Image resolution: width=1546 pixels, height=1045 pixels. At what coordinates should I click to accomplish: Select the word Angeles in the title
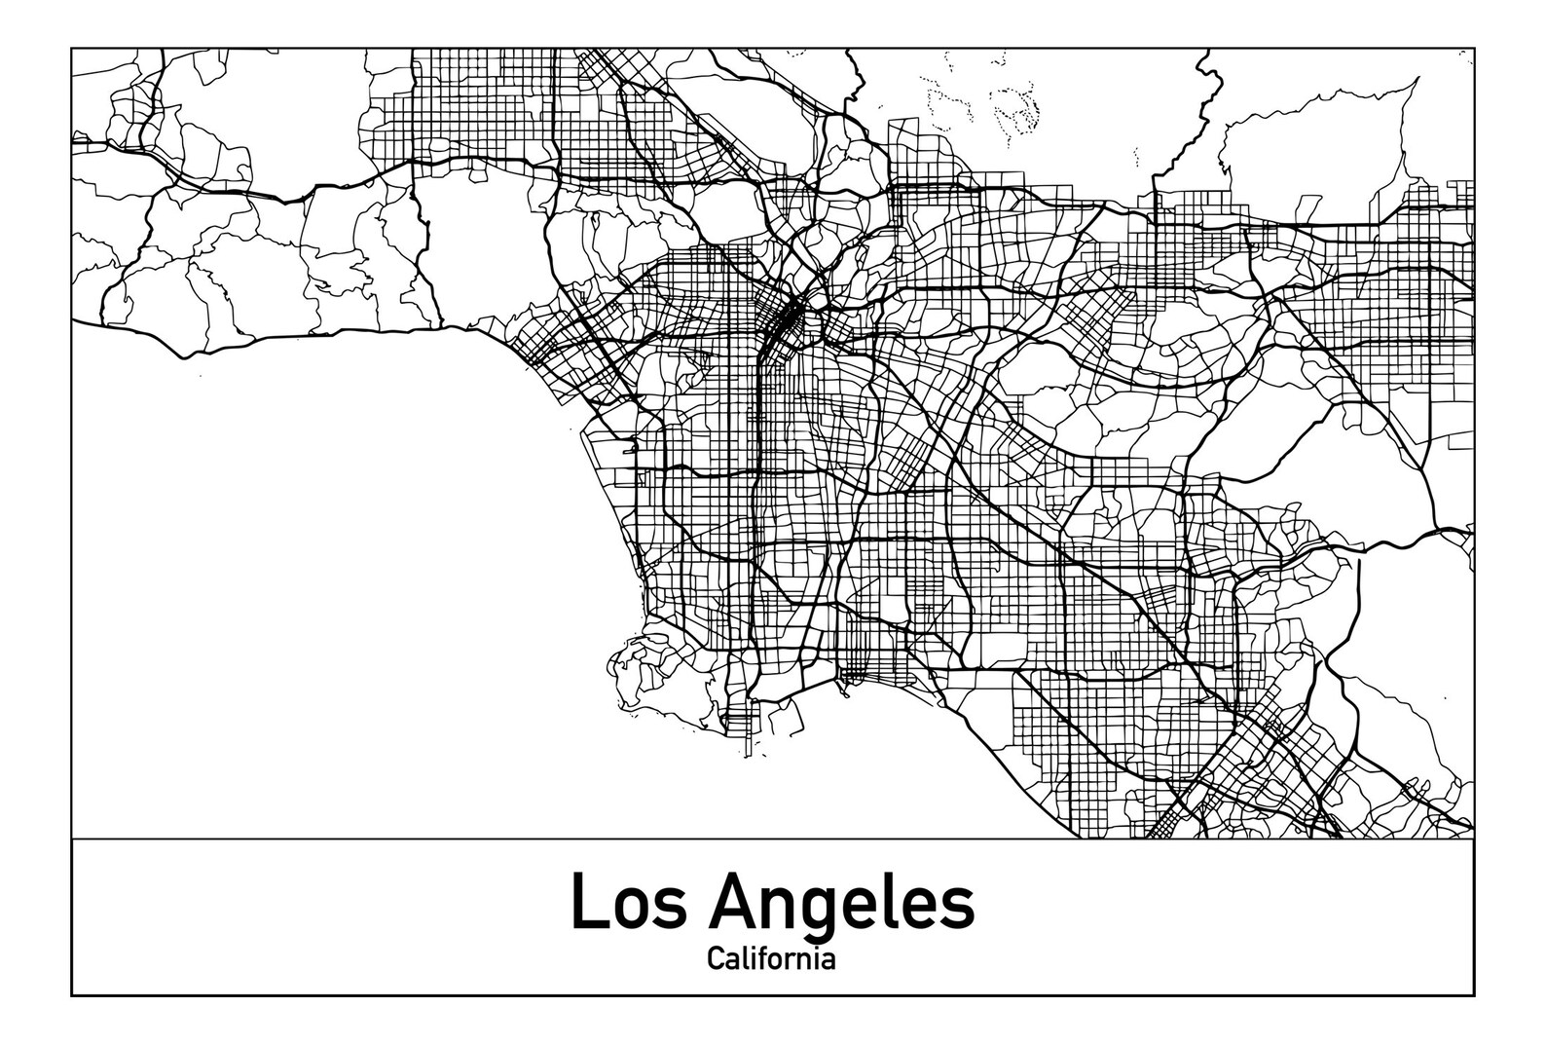coord(841,902)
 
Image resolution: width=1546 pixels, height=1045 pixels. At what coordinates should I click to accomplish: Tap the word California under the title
coord(771,959)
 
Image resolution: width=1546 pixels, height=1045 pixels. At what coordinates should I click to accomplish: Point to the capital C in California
coord(716,959)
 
